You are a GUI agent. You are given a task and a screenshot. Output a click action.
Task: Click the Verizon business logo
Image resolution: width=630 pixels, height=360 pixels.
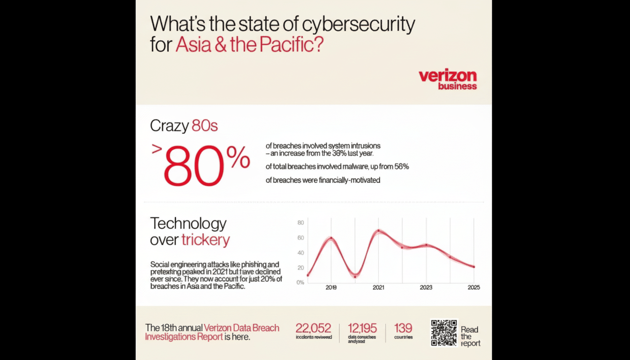(x=447, y=79)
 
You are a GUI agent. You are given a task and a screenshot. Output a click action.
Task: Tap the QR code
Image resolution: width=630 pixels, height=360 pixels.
(x=444, y=332)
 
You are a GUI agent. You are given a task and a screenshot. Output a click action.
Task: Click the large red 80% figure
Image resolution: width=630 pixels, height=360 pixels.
(x=207, y=165)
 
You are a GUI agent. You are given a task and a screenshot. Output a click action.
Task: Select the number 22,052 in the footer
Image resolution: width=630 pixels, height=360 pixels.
(x=313, y=328)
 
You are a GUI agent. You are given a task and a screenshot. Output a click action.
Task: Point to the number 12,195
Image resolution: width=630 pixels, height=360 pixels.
(x=362, y=328)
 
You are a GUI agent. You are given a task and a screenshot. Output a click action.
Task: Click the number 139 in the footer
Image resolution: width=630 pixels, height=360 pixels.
(x=403, y=328)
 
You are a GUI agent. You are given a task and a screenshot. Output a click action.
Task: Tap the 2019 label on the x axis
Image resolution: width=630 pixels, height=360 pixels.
(x=331, y=287)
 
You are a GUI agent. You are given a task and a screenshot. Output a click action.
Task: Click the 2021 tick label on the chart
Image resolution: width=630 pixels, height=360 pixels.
(x=378, y=287)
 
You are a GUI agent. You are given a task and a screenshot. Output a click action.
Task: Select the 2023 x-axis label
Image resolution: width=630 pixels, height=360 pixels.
(x=426, y=287)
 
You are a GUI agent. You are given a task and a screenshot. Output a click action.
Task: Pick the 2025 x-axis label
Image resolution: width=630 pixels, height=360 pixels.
(x=473, y=287)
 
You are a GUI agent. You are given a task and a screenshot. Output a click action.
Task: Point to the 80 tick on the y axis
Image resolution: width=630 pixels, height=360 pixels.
(x=301, y=223)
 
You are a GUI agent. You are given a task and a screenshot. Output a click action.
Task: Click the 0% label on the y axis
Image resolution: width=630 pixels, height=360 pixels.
(x=300, y=282)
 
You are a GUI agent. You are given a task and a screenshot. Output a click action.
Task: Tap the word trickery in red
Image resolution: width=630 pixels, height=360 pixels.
(x=206, y=240)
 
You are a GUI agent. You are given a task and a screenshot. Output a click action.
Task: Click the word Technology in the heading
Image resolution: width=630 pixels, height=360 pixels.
(x=188, y=223)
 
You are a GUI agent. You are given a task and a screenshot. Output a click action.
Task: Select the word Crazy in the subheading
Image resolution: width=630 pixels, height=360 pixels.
(x=169, y=126)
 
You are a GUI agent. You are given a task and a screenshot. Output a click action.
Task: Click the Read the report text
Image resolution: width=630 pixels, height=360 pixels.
(x=470, y=336)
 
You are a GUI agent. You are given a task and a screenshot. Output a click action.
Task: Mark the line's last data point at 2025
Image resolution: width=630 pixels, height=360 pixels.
(x=473, y=267)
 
